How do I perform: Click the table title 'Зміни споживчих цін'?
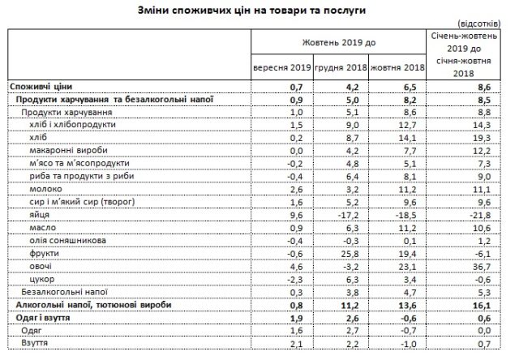point(260,10)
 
